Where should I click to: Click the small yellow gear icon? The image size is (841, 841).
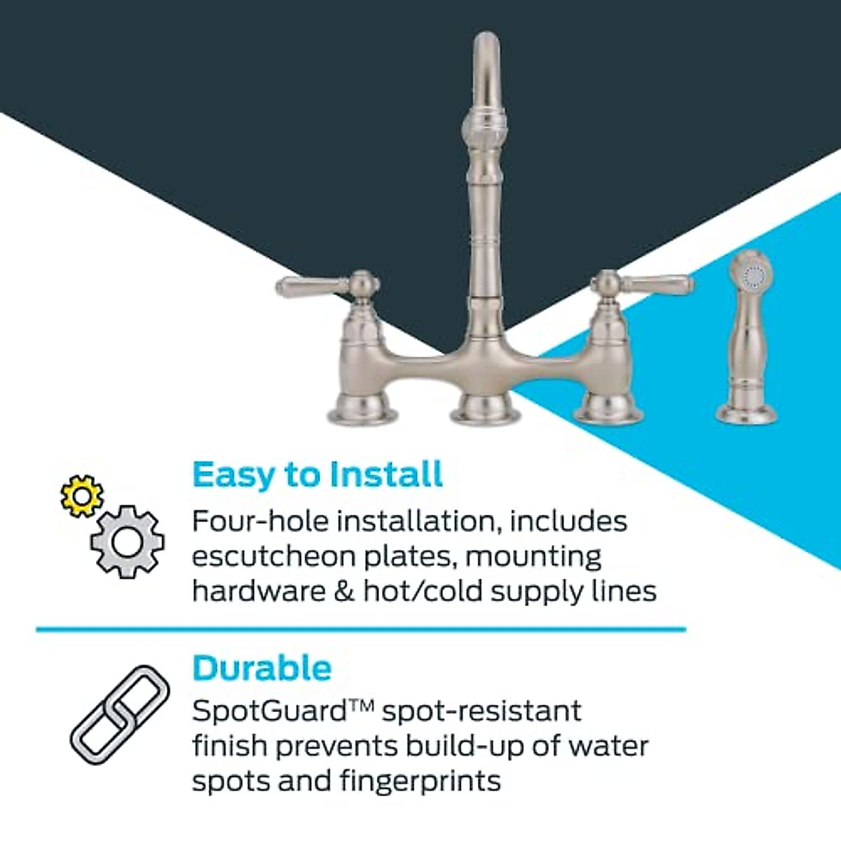(x=81, y=495)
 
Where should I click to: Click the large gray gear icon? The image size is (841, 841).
(x=128, y=541)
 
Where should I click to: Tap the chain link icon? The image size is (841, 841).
(x=120, y=715)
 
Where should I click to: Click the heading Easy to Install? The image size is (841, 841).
(x=317, y=474)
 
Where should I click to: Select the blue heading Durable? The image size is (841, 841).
(x=261, y=668)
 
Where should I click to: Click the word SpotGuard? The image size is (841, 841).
(x=270, y=711)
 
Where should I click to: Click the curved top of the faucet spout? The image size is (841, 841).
(x=486, y=49)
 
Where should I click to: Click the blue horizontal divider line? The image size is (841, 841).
(x=361, y=629)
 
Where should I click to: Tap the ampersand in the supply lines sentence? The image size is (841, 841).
(x=344, y=592)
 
